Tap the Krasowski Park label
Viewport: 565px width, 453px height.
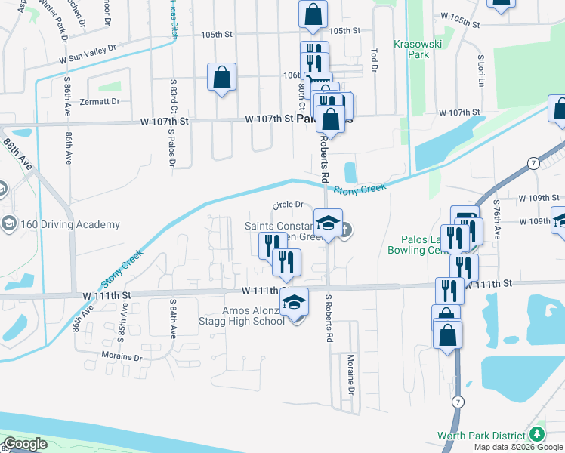417,49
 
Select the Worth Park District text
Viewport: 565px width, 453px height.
483,436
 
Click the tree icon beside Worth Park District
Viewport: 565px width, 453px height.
537,435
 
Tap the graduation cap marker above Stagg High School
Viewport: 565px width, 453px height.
295,302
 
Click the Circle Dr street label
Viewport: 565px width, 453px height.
287,205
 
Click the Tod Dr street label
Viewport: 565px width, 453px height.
374,60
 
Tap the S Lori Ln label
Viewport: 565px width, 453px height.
480,69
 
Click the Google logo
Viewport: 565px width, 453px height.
24,444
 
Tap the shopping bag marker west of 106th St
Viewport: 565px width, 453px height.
221,76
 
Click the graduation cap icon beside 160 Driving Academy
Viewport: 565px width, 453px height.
8,224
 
